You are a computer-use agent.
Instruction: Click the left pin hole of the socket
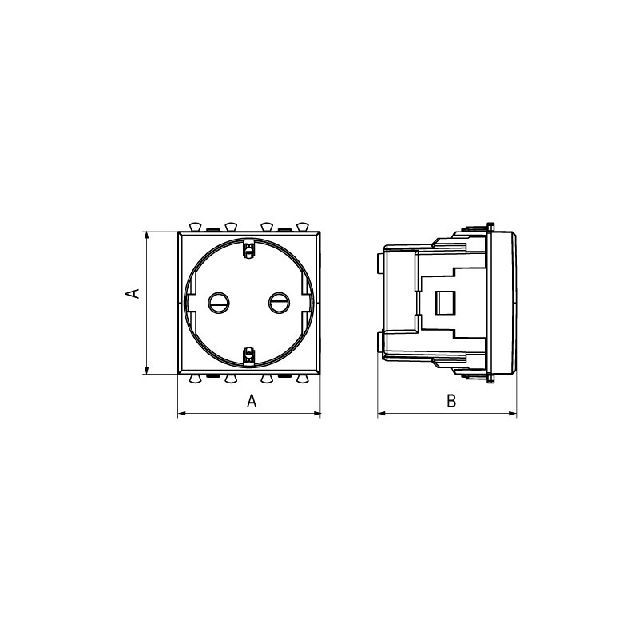[x=218, y=303]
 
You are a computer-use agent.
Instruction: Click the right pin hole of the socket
[x=279, y=303]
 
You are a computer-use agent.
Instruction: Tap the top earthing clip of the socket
[x=248, y=249]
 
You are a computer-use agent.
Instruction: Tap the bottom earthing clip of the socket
[x=248, y=355]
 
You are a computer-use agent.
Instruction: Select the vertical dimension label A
[x=133, y=293]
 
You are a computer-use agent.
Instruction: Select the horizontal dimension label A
[x=252, y=401]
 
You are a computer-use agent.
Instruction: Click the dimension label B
[x=451, y=401]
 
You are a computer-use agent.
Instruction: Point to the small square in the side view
[x=446, y=303]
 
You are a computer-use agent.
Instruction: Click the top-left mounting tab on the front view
[x=196, y=227]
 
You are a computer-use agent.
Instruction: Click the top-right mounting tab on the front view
[x=303, y=227]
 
